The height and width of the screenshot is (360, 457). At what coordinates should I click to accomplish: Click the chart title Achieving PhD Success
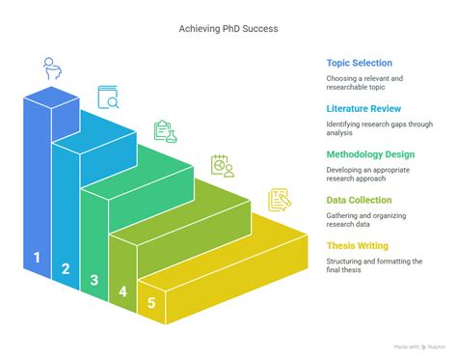228,28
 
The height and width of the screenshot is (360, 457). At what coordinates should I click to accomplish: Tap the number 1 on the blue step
37,257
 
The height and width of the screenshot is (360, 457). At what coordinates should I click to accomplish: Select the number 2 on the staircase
66,269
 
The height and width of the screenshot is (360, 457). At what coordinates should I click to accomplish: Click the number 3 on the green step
94,281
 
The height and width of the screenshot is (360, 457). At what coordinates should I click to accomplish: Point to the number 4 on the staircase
122,291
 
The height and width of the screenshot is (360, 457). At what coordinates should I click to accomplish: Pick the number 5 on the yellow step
151,303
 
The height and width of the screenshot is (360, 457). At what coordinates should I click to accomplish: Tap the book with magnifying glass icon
108,97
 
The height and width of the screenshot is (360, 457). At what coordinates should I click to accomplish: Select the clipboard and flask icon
165,130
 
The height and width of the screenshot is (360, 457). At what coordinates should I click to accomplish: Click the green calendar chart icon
223,165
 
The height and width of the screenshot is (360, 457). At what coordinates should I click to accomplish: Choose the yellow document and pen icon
280,200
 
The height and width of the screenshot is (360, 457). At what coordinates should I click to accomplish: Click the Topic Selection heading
359,63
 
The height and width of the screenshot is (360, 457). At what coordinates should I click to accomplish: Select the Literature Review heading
364,108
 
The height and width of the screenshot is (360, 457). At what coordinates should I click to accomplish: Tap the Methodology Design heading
371,153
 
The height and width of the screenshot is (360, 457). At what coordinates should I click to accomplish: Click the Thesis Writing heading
357,245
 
